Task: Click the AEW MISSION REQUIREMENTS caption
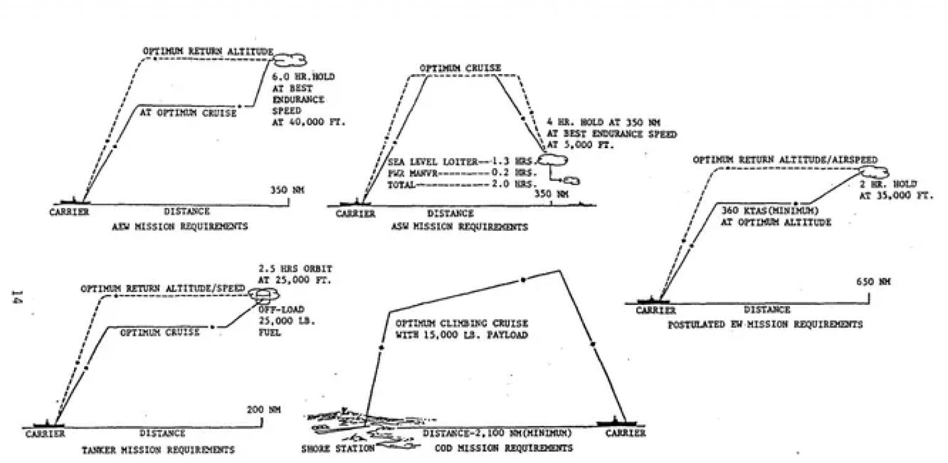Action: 180,227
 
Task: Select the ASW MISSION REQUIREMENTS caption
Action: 460,227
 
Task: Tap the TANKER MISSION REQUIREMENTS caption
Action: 158,450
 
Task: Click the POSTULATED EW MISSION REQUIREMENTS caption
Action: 765,324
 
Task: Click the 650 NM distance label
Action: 873,282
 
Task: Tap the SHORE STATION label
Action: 338,448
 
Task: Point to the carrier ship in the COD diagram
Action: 619,423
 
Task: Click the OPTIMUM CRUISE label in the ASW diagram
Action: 460,68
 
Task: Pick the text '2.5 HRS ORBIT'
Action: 295,269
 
